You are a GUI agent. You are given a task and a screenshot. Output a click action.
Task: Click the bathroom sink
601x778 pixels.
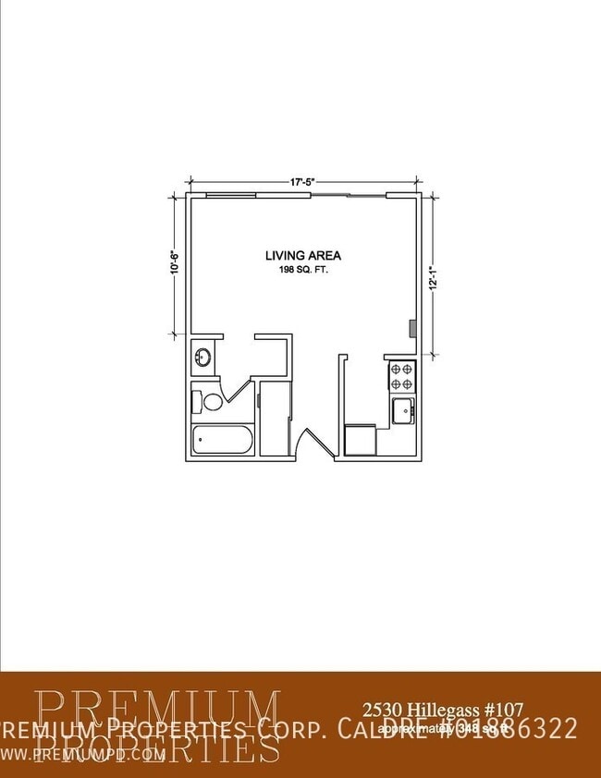[203, 356]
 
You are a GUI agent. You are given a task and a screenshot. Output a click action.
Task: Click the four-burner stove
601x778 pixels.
[401, 375]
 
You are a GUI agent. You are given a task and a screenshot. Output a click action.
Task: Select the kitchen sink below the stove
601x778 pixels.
[403, 410]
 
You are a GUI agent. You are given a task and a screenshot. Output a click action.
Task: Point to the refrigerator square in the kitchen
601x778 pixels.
[360, 440]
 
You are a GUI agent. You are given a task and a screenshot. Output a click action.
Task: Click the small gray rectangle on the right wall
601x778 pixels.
[413, 328]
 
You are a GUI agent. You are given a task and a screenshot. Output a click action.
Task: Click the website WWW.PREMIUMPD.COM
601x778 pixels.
[83, 754]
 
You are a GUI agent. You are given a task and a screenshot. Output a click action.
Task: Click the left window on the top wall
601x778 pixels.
[231, 195]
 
